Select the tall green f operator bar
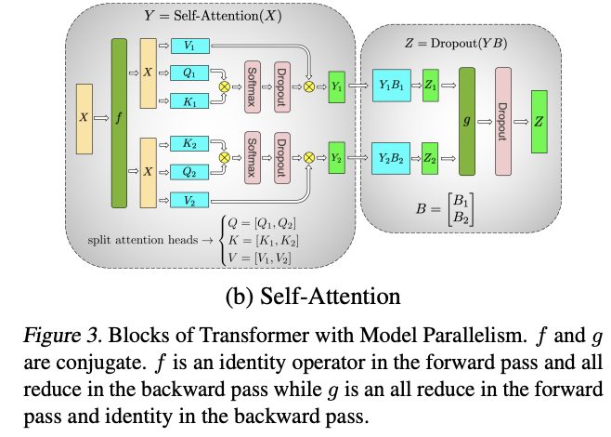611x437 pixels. (x=118, y=122)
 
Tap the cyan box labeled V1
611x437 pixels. (x=188, y=44)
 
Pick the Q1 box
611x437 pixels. (x=188, y=71)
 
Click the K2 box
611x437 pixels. (x=188, y=145)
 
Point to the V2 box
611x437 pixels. (x=188, y=199)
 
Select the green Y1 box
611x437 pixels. (x=337, y=86)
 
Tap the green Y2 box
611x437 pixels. (x=337, y=159)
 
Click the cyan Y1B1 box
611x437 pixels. (x=390, y=86)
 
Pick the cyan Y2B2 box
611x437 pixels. (x=390, y=159)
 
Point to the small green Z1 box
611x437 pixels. (x=431, y=86)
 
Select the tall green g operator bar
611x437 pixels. (x=467, y=122)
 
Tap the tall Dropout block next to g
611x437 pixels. (x=503, y=122)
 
